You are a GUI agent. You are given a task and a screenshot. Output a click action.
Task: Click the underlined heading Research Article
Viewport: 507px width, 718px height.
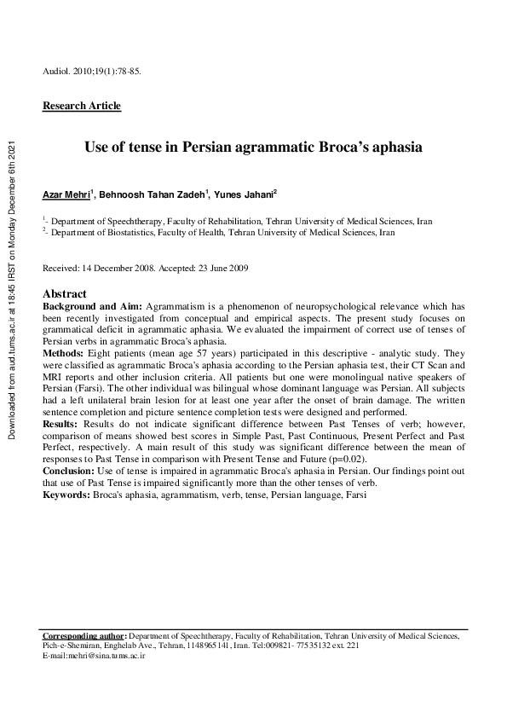click(x=82, y=107)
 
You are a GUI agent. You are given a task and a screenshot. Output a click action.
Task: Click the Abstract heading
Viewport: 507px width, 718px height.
click(x=64, y=293)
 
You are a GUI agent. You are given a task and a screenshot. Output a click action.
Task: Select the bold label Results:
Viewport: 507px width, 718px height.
click(x=61, y=412)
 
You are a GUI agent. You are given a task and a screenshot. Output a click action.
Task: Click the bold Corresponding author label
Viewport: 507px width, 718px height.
click(x=84, y=636)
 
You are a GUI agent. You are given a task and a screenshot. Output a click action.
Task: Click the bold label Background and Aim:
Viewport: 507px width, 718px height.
click(x=93, y=304)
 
